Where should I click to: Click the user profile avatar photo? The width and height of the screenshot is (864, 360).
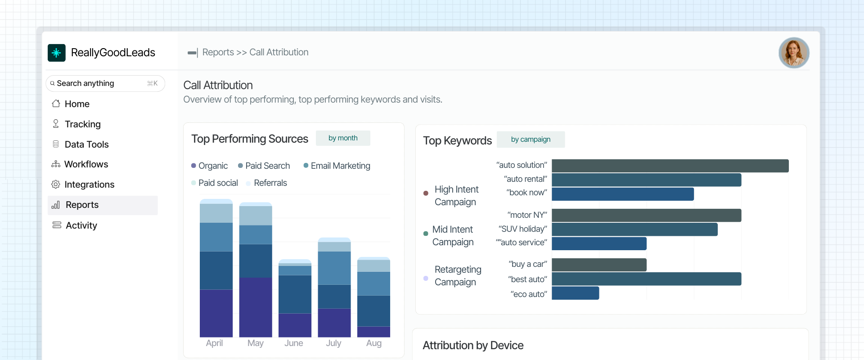click(794, 53)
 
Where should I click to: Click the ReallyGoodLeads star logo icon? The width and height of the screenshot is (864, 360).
click(57, 53)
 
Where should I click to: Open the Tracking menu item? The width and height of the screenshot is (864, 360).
click(82, 124)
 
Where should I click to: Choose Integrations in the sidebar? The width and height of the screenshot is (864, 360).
click(89, 184)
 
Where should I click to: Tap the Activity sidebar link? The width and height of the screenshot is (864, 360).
click(81, 225)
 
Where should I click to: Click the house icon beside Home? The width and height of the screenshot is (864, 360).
click(56, 104)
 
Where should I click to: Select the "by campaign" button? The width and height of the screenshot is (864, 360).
click(531, 139)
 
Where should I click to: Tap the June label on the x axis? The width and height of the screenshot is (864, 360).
click(294, 343)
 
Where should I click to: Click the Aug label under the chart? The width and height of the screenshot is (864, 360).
click(374, 343)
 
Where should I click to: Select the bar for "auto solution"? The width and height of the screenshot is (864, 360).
click(670, 166)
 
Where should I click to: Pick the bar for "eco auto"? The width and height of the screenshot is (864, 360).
click(575, 293)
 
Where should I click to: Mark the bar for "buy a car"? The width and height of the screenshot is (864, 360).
click(598, 265)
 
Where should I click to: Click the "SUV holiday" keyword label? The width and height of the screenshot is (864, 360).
click(522, 229)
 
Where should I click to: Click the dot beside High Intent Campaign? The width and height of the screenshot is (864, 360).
click(426, 193)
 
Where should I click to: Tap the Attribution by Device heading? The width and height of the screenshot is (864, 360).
click(473, 346)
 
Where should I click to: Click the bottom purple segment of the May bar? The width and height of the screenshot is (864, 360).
click(256, 307)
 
